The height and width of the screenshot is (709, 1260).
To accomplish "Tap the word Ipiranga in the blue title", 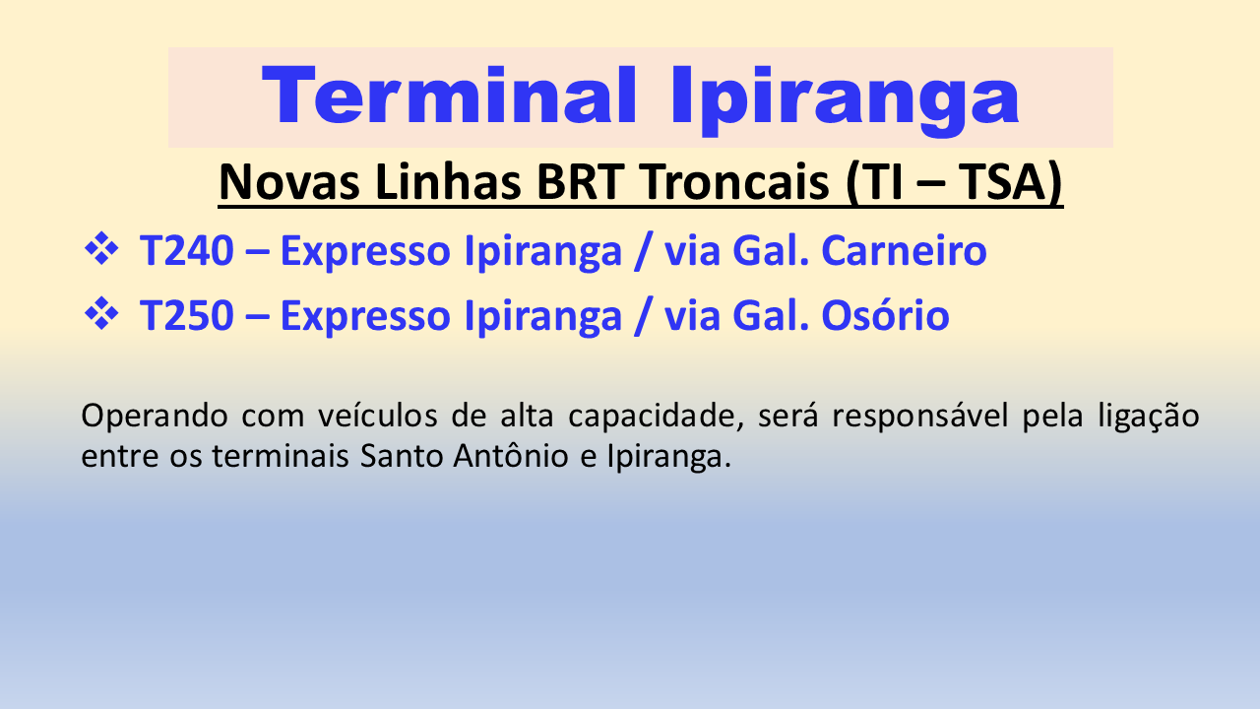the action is coord(845,100).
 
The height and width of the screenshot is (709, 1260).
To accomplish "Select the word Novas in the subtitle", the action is coord(289,182).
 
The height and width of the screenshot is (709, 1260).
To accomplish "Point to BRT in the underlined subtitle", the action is coord(580,182).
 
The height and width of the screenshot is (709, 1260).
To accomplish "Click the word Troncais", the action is coord(735,182).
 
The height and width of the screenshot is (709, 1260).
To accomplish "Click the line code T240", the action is coord(187,250).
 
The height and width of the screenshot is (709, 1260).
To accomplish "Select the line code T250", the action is coord(187,315).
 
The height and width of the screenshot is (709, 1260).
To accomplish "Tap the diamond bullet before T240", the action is coord(101,248).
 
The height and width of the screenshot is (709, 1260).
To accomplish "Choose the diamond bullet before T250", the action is coord(101,313).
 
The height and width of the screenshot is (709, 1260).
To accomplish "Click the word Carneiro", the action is coord(904,250).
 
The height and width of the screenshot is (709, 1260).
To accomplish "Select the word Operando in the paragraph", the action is coord(155,418).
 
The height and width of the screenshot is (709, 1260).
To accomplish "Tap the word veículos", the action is coord(377,416).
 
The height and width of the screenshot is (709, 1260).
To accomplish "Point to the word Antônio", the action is coord(511,455).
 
